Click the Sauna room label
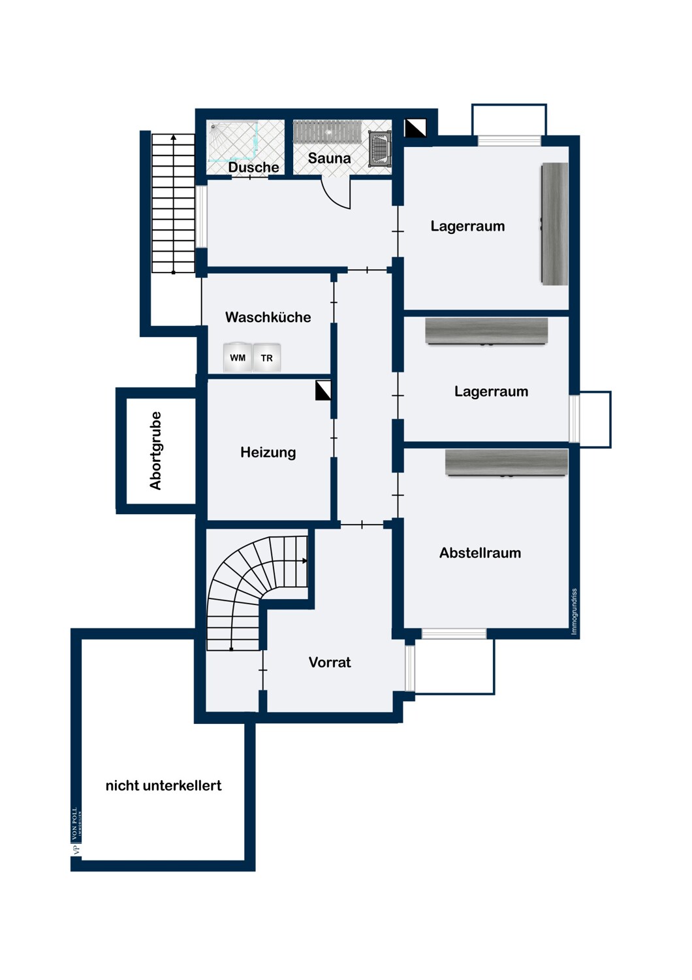(x=329, y=158)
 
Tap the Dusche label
(x=253, y=167)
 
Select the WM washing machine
(x=238, y=357)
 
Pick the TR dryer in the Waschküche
(x=266, y=358)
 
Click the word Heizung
(x=268, y=452)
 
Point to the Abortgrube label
(x=155, y=450)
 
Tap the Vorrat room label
(x=330, y=662)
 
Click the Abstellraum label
(x=480, y=553)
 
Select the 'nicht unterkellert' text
(x=163, y=785)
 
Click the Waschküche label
(x=268, y=317)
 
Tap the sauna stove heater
(x=379, y=149)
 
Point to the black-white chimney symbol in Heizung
(x=324, y=390)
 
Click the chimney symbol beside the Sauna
(x=415, y=128)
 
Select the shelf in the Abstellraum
(x=506, y=463)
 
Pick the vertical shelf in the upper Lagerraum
(x=555, y=223)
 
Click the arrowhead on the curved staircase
(x=305, y=561)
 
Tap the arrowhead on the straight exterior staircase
(x=174, y=137)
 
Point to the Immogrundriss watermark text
(x=574, y=612)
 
